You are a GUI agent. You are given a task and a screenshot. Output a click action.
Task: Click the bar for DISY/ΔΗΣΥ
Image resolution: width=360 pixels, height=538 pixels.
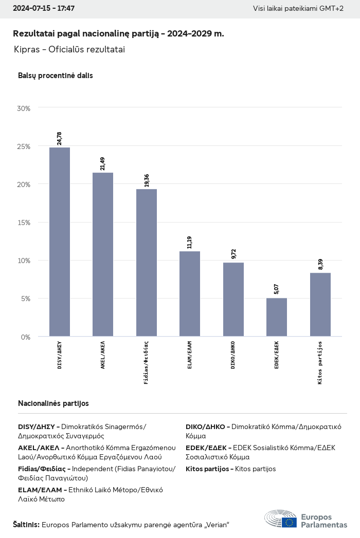(60, 242)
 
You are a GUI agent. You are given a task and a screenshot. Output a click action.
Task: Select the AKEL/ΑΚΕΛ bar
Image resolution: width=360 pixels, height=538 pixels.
(103, 254)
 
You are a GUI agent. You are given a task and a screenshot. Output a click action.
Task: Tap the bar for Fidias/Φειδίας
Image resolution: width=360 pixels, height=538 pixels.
(147, 263)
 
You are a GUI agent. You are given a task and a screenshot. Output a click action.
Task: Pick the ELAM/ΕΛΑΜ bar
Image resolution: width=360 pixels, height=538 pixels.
(190, 294)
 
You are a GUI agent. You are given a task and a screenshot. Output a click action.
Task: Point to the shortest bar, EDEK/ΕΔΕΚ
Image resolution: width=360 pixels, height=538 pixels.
(277, 317)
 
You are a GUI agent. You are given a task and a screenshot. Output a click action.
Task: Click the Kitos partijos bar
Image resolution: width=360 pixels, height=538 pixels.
(320, 305)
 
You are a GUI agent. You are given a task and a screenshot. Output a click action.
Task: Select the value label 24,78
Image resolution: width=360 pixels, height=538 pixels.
(59, 138)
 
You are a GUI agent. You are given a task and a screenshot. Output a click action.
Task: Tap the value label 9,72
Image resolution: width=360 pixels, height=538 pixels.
(233, 253)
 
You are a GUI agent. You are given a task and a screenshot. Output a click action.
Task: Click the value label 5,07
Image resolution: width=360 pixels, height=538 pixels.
(277, 289)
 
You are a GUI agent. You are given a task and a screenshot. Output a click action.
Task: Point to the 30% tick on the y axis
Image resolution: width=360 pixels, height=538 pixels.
(24, 108)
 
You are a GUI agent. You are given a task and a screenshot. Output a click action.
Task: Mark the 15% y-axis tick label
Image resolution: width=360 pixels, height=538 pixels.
(24, 222)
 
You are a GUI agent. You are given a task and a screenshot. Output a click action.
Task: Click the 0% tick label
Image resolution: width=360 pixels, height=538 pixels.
(26, 337)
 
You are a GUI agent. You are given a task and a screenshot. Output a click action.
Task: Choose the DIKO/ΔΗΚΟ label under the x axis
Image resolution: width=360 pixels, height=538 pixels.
(233, 355)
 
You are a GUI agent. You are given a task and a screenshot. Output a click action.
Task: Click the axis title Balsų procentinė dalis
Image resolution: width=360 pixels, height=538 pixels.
(56, 76)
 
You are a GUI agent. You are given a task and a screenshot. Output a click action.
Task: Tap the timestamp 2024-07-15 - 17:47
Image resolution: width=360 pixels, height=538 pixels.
(44, 9)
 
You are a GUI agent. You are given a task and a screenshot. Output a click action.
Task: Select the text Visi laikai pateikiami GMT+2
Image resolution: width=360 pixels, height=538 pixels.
(298, 9)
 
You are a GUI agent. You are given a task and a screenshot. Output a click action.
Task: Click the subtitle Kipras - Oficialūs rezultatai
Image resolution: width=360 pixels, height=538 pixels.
(70, 49)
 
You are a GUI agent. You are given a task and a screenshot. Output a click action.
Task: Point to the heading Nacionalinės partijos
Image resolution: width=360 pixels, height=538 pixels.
(53, 403)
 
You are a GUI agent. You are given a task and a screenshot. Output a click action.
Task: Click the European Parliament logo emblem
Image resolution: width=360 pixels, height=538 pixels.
(280, 519)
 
